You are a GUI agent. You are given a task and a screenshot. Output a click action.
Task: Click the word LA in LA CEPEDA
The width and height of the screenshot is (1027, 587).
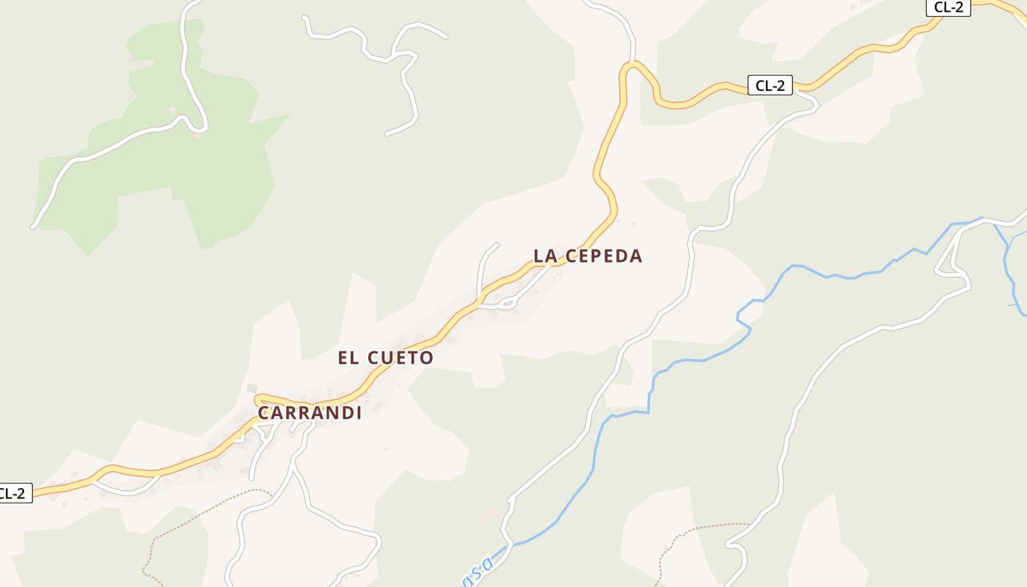(546, 256)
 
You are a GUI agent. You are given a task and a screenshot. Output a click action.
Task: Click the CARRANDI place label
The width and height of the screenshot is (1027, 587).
(310, 413)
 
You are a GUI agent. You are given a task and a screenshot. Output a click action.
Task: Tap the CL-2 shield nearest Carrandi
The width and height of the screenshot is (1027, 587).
(13, 493)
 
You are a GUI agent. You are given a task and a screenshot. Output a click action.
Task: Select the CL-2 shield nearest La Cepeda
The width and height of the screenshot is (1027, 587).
(770, 85)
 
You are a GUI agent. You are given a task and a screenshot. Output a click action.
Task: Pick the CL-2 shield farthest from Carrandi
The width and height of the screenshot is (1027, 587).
(949, 7)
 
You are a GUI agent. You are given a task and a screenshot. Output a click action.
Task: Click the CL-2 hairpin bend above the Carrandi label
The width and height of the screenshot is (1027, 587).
(257, 400)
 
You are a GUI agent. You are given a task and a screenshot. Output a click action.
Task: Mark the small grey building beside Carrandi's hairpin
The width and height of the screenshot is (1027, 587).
(252, 387)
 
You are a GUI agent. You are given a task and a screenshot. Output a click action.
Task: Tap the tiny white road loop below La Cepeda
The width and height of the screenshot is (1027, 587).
(506, 301)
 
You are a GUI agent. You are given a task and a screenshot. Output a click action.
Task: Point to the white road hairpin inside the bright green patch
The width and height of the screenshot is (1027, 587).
(197, 129)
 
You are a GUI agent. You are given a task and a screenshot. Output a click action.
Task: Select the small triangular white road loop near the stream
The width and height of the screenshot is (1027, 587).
(952, 265)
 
